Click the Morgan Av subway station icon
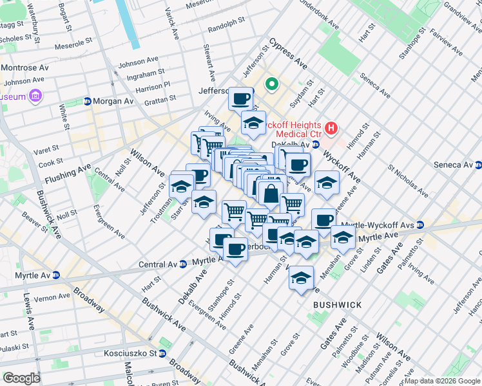[x=88, y=102]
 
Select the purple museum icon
[x=35, y=96]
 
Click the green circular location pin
[x=272, y=84]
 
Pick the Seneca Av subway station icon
[x=477, y=165]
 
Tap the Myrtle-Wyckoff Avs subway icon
[x=420, y=225]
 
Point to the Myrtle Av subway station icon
[x=55, y=275]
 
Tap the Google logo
[x=21, y=378]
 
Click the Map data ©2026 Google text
[x=442, y=381]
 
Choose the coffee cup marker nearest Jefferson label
[x=241, y=99]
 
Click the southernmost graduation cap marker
[x=301, y=279]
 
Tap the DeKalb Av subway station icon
[x=316, y=145]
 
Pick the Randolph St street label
[x=227, y=30]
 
